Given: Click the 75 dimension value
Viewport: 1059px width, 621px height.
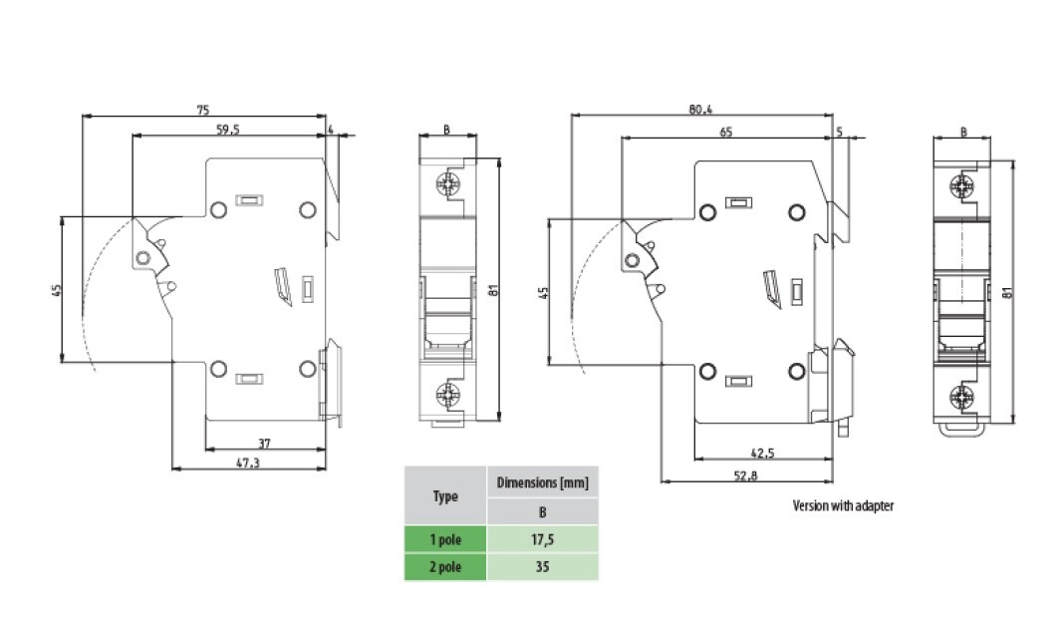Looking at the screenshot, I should click(202, 110).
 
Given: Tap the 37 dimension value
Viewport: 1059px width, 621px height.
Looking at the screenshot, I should click(264, 443).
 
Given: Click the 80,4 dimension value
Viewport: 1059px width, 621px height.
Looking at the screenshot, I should click(701, 110).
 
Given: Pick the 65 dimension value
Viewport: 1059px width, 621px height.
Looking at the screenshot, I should click(725, 132).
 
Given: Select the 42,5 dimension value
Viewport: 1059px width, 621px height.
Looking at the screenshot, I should click(762, 454).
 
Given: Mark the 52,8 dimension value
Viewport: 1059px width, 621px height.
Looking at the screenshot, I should click(746, 475).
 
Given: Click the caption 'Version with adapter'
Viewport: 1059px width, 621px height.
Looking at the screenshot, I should click(843, 505).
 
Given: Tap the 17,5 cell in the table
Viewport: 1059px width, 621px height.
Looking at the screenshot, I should click(542, 539).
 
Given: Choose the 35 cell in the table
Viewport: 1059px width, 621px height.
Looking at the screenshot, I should click(542, 567).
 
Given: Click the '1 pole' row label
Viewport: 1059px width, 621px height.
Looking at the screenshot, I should click(444, 539).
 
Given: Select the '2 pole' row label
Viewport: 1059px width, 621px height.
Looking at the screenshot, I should click(444, 567).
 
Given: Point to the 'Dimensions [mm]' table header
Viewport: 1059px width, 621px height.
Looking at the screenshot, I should click(542, 482).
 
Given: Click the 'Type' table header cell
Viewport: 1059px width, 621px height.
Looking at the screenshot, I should click(444, 495).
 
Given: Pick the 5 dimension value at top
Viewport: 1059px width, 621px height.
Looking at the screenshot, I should click(840, 132).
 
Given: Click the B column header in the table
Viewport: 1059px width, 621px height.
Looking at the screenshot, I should click(542, 511).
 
